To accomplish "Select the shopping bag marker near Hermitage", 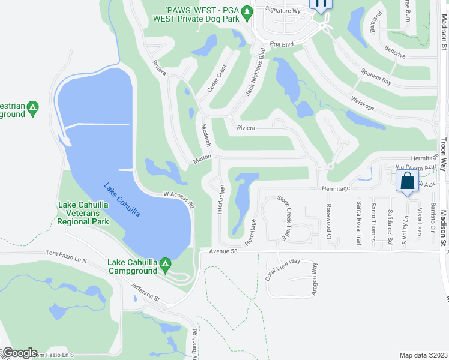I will click(x=407, y=181).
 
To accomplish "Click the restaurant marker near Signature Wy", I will click(x=321, y=3).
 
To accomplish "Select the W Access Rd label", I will click(x=179, y=199).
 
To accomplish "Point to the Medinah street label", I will click(x=206, y=136).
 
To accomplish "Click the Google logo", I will click(x=20, y=353).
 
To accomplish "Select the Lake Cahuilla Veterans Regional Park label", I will click(x=83, y=213).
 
